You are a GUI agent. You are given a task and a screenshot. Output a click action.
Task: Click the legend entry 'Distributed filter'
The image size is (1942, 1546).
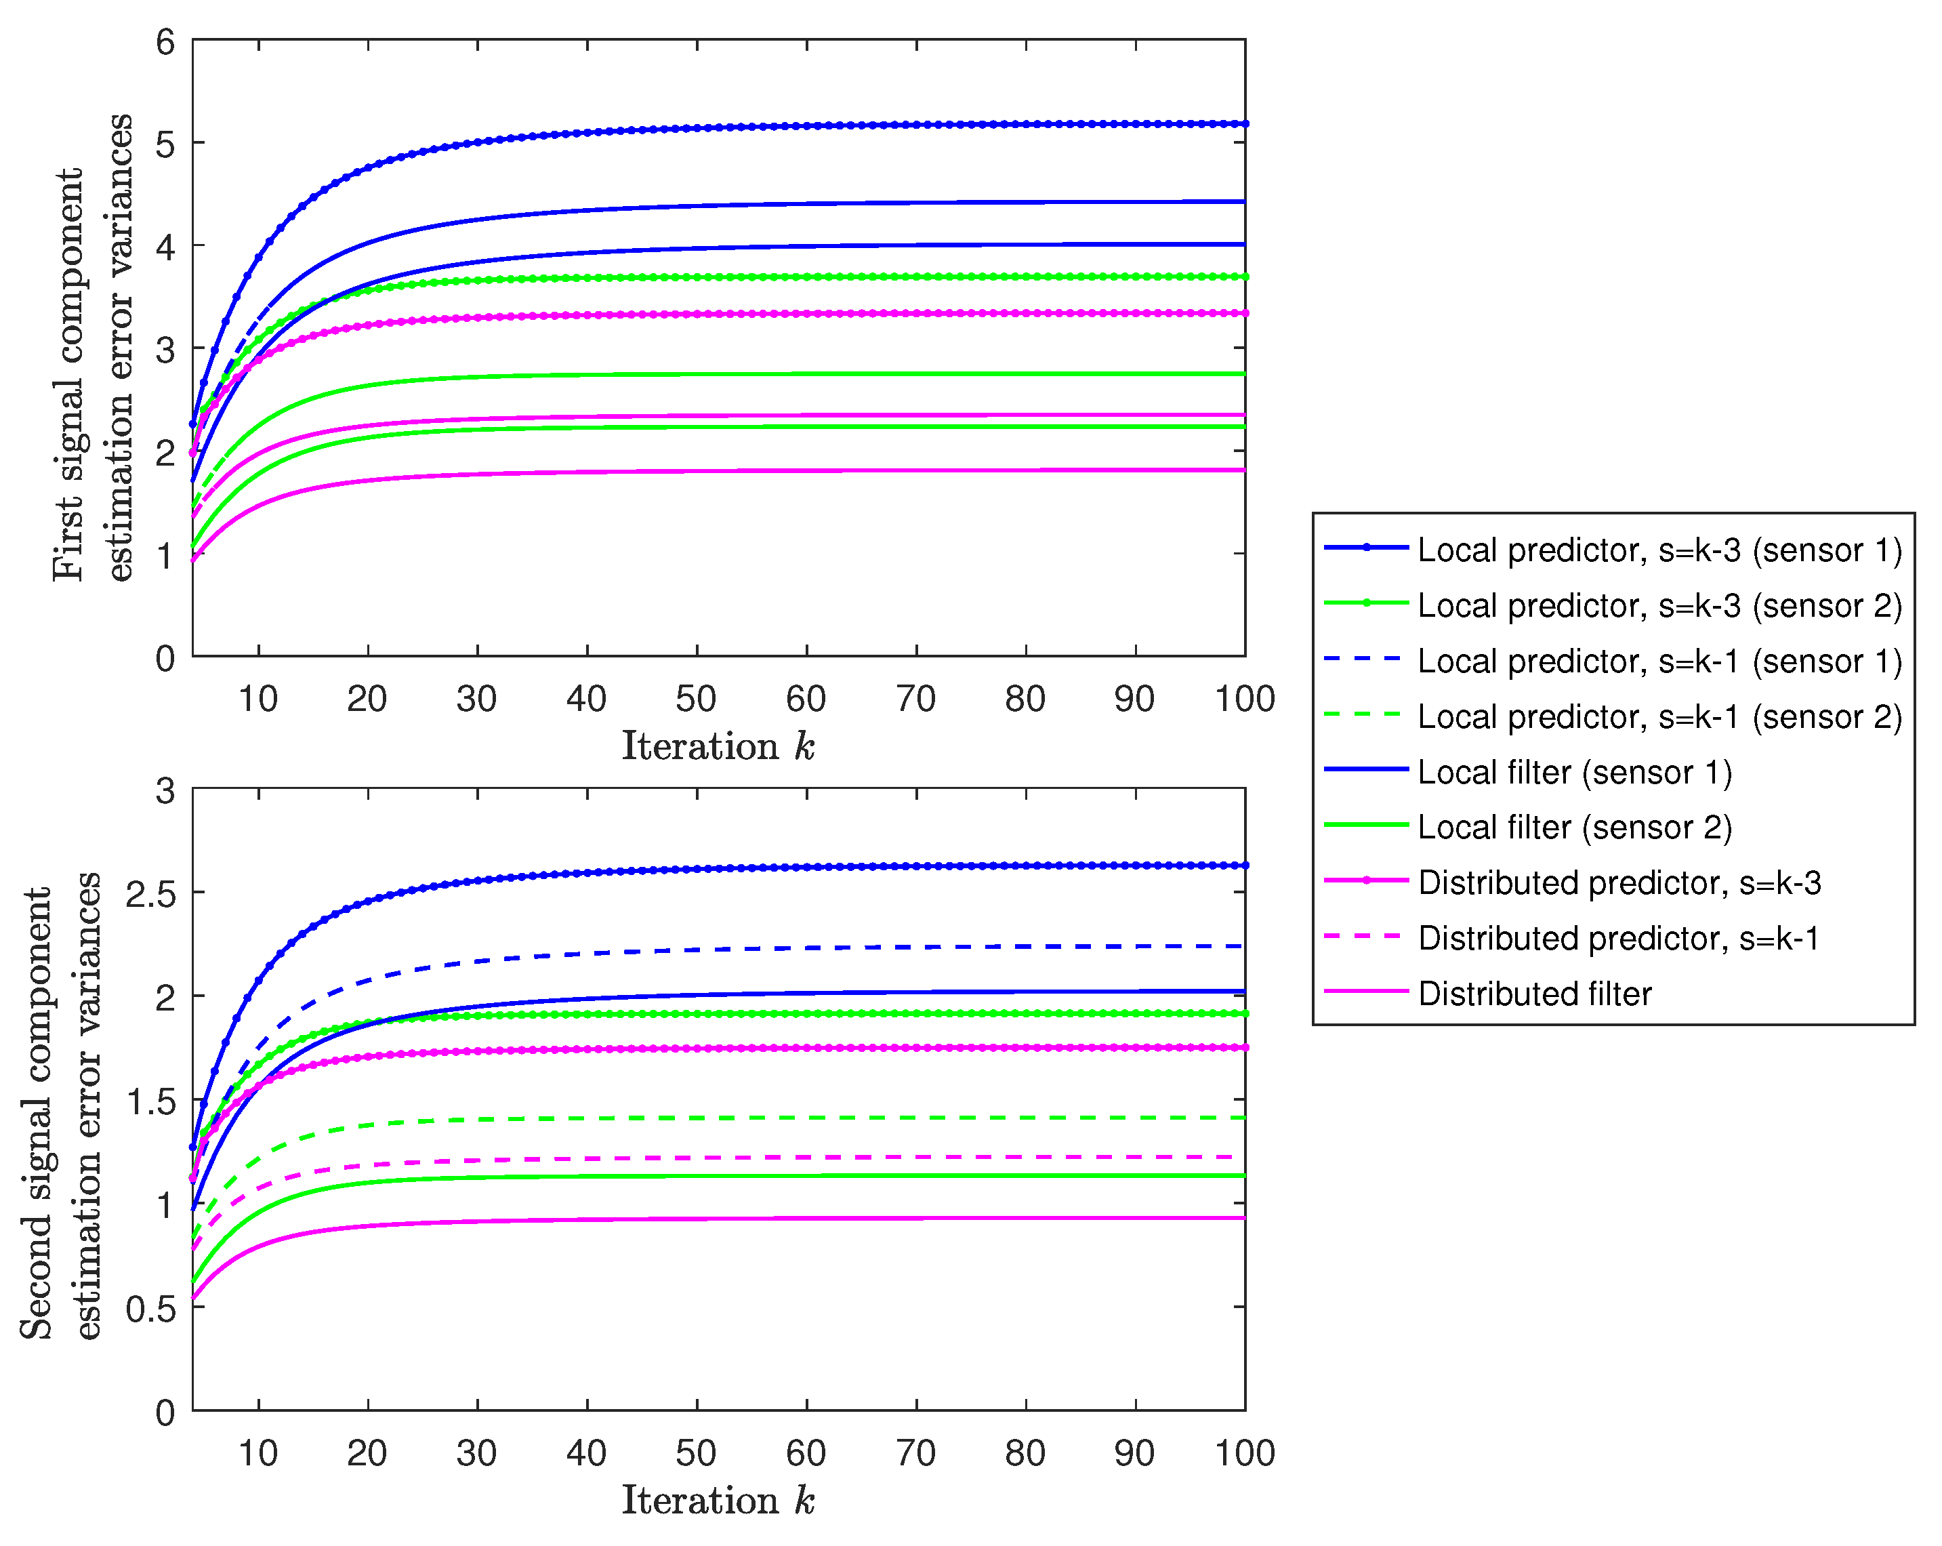coord(1534,994)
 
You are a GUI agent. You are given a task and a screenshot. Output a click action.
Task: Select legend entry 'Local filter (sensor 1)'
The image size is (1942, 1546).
coord(1575,772)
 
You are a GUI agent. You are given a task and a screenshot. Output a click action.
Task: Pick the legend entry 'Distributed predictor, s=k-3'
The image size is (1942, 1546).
coord(1619,883)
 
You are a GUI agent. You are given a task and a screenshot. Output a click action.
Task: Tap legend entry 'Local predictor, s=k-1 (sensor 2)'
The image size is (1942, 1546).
coord(1659,716)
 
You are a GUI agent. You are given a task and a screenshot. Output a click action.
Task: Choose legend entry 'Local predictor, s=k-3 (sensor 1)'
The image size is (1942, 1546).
coord(1659,550)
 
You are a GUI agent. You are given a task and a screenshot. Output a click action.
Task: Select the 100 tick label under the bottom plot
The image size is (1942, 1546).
coord(1245,1453)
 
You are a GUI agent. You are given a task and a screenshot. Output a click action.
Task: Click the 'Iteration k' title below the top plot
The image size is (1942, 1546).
coord(718,746)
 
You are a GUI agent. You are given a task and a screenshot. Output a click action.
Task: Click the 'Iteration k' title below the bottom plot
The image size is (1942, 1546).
coord(718,1500)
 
